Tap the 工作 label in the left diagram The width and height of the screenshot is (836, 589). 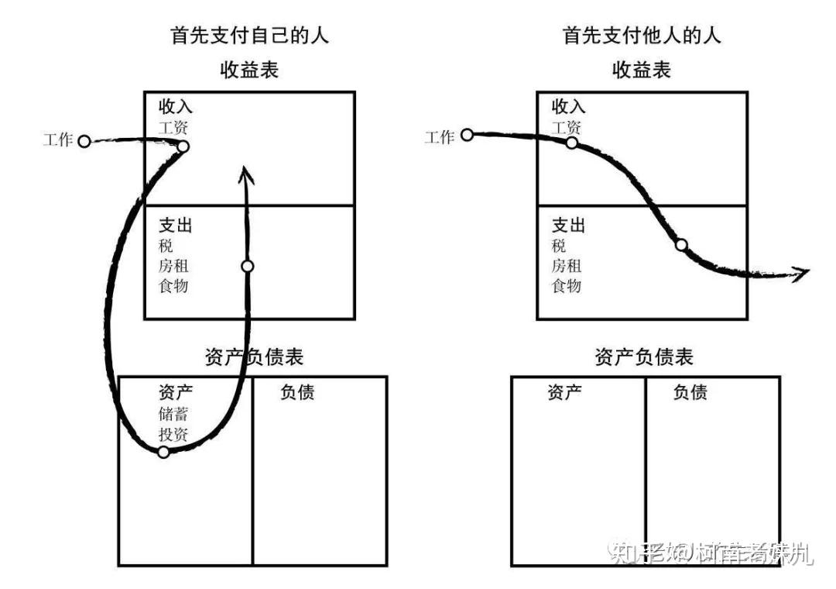(x=59, y=140)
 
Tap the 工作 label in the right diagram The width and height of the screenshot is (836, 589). (x=440, y=137)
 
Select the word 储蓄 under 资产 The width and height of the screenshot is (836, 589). (x=173, y=413)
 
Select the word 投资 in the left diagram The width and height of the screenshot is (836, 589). (x=173, y=434)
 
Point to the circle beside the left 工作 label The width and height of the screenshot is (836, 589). (x=84, y=141)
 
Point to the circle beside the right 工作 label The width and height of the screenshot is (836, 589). (x=467, y=135)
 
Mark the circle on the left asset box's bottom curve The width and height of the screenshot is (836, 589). (x=163, y=452)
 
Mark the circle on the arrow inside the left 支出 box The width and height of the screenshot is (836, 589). (x=247, y=266)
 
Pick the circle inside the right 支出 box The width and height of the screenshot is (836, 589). (x=681, y=245)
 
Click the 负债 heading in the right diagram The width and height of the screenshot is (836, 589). (x=690, y=393)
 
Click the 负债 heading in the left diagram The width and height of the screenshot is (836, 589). (x=297, y=393)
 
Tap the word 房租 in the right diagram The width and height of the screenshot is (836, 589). (x=567, y=267)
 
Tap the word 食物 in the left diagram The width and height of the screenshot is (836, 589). (x=173, y=286)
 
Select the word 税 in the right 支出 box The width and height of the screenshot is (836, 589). (x=559, y=246)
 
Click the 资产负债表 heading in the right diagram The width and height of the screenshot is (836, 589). (x=644, y=357)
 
